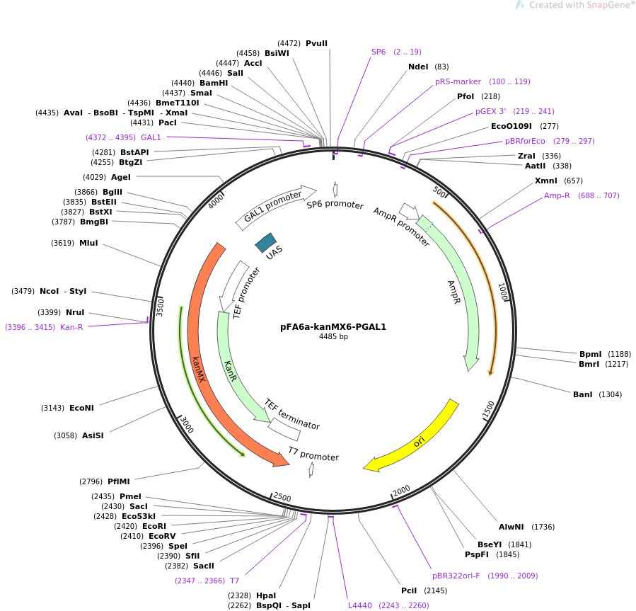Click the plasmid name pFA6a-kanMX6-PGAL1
click(333, 327)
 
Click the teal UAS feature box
click(266, 243)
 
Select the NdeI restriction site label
click(418, 67)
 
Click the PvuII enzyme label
click(316, 43)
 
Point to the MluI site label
click(88, 243)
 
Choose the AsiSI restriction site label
click(93, 435)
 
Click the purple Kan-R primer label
click(71, 327)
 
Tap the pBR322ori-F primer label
click(456, 576)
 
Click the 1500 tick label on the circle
click(488, 409)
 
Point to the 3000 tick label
click(186, 425)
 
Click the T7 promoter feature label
click(313, 457)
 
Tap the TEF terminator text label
click(291, 414)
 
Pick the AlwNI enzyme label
click(510, 526)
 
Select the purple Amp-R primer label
click(559, 195)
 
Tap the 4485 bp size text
click(333, 337)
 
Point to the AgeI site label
click(121, 177)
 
